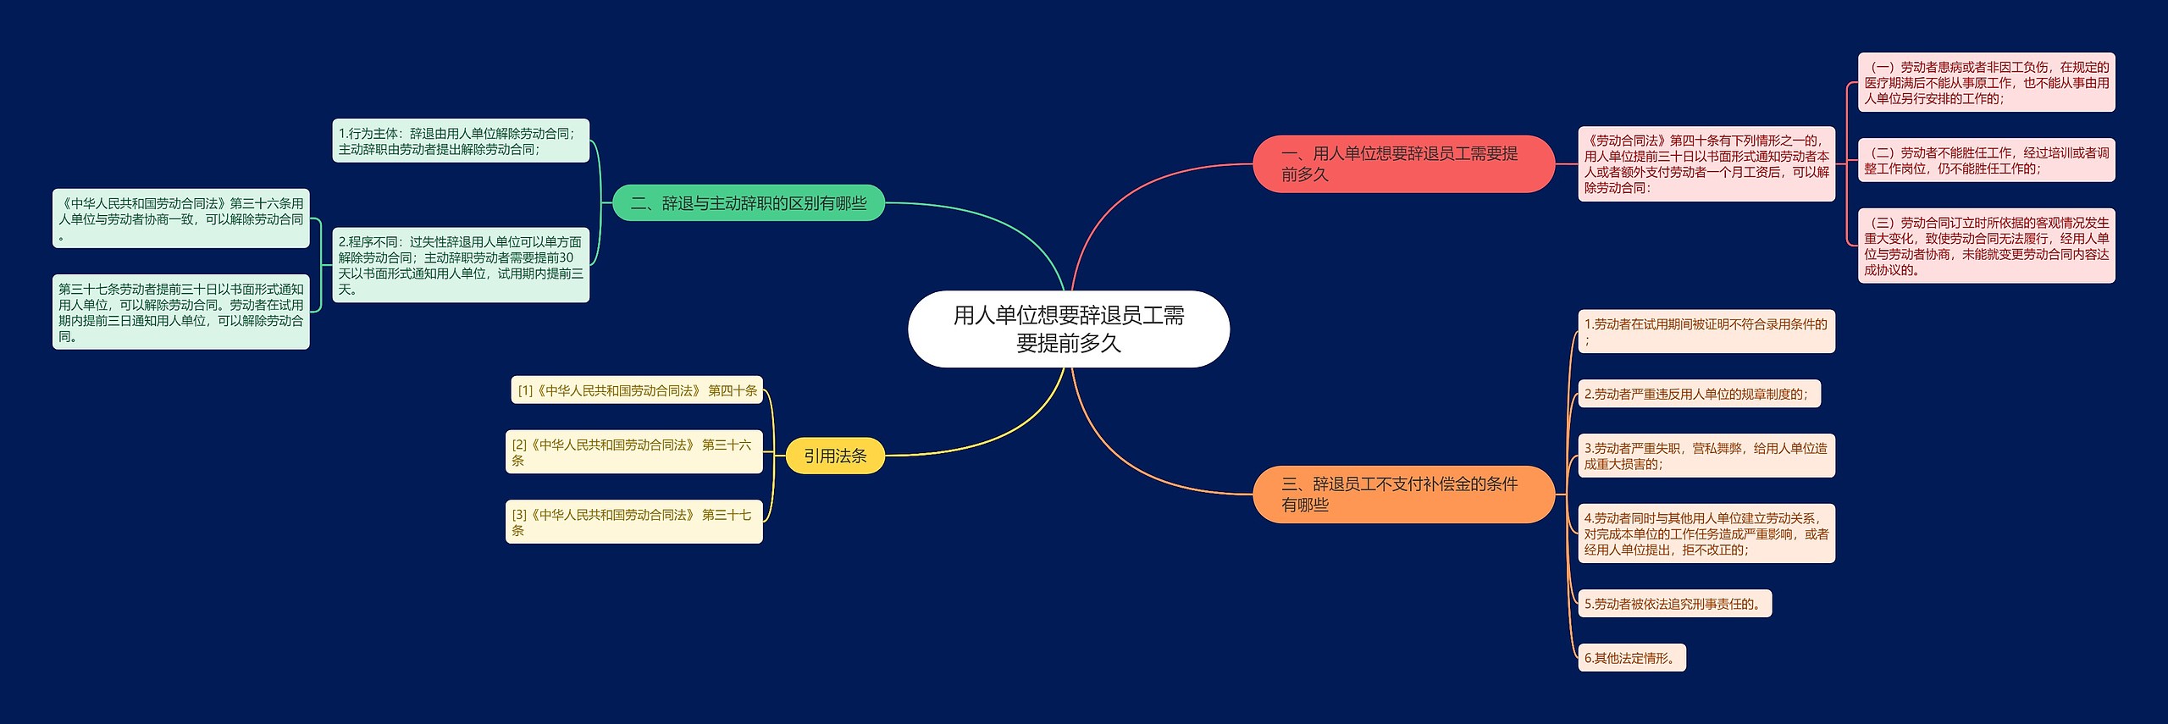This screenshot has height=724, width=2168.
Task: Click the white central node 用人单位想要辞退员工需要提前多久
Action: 1068,329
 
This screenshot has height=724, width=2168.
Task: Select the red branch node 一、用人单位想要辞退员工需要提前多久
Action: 1402,163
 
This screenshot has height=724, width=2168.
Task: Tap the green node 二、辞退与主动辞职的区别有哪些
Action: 748,203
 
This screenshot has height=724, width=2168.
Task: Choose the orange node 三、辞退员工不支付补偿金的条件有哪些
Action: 1402,494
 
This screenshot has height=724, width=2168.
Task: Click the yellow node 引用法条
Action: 834,456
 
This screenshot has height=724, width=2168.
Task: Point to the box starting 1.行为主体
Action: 460,141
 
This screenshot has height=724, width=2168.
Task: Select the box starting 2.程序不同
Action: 460,265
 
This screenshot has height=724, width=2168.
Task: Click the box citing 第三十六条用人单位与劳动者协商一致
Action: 180,218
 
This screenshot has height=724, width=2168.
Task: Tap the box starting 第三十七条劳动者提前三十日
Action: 180,312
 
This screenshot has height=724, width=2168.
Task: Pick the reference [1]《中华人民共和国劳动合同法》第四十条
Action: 637,390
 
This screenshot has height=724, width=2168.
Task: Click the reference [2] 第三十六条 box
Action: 633,452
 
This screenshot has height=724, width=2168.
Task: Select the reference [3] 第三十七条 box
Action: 633,522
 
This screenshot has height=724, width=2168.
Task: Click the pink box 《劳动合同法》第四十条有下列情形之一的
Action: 1706,163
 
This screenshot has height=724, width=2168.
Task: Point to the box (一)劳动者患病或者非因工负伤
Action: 1986,82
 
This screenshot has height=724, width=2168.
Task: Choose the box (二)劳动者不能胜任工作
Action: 1986,160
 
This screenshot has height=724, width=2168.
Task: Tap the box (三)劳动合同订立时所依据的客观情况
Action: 1986,246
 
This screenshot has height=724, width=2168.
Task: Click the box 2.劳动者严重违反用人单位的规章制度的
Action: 1698,394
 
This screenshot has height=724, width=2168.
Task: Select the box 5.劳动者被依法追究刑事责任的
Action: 1674,604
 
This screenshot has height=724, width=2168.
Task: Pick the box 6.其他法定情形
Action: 1631,658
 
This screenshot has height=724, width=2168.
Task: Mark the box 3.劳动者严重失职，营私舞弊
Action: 1706,456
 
